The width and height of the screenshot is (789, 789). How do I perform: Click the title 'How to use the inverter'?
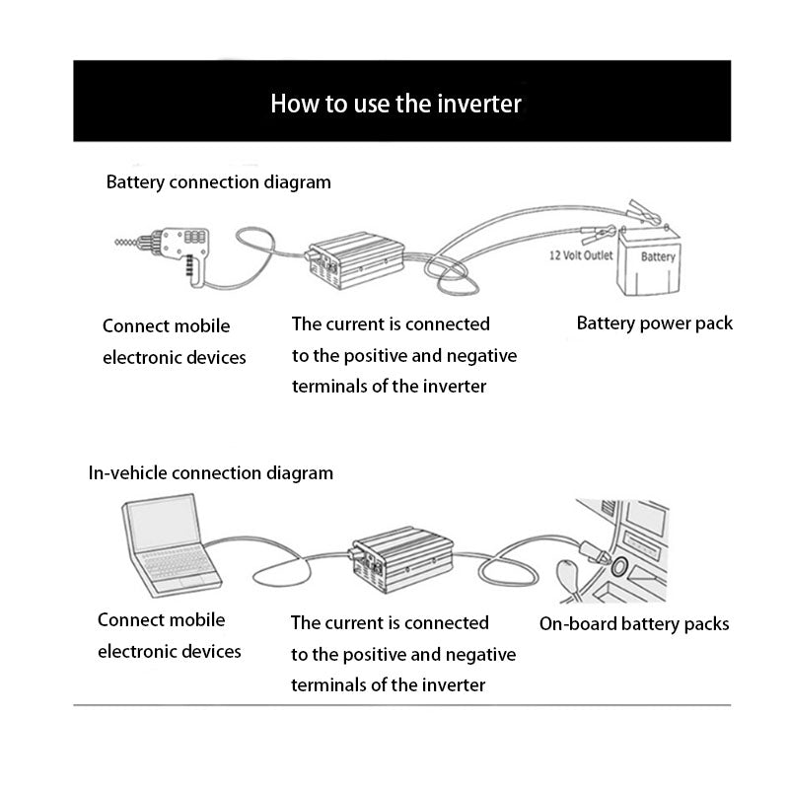[395, 103]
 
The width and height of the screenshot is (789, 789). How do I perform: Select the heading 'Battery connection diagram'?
[218, 182]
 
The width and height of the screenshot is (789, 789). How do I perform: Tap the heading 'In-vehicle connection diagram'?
[211, 473]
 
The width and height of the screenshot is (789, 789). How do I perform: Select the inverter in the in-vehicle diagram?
[398, 559]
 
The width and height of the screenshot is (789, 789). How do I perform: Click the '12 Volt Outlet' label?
[581, 255]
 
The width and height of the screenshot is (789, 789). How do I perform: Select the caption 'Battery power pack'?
[655, 323]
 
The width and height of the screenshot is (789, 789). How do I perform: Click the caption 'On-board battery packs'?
[634, 623]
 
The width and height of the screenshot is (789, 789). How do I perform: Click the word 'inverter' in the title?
[480, 103]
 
